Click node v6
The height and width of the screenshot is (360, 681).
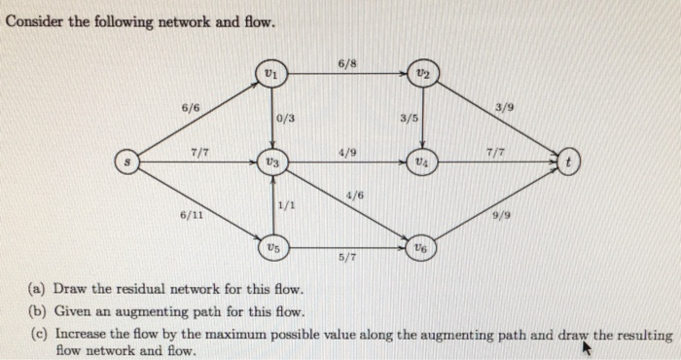click(421, 247)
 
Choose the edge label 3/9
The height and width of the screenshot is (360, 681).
click(505, 106)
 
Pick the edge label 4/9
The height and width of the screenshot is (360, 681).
click(347, 152)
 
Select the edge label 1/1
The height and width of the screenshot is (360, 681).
click(286, 204)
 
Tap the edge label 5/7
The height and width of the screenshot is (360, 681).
click(347, 258)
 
